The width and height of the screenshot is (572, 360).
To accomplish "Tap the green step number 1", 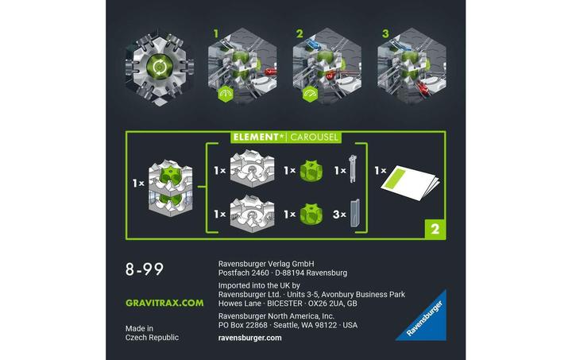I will point(214,34).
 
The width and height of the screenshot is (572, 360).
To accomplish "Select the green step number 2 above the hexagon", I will point(300,34).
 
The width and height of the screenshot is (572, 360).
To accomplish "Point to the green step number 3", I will point(385,34).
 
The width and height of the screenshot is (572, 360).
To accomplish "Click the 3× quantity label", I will point(338,214).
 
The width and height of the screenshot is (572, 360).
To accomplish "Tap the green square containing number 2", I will point(433,228).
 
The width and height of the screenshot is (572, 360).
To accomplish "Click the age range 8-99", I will point(145,269).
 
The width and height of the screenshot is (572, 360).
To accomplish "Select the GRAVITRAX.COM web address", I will point(164,303).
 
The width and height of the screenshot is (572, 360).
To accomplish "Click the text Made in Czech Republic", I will point(152,332).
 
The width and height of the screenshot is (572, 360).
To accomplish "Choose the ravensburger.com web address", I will point(249,338).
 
